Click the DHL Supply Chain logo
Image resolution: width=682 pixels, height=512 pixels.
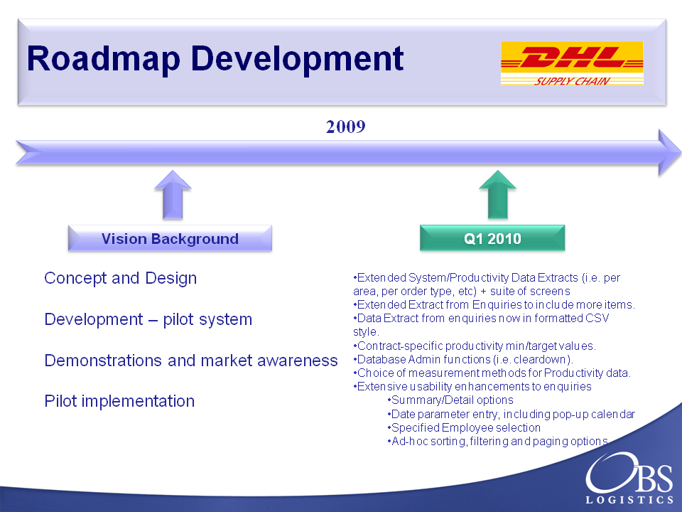pyautogui.click(x=572, y=63)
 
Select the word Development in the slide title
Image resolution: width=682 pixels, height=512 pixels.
pyautogui.click(x=297, y=59)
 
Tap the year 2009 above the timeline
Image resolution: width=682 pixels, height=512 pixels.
pyautogui.click(x=346, y=127)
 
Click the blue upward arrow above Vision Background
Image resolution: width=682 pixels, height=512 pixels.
pyautogui.click(x=173, y=195)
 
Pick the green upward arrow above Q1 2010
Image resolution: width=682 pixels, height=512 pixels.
pyautogui.click(x=497, y=195)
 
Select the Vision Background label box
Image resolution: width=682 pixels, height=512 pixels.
pyautogui.click(x=170, y=238)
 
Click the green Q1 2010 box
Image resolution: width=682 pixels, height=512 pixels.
pyautogui.click(x=492, y=238)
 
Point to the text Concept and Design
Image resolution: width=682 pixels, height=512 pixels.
pyautogui.click(x=121, y=278)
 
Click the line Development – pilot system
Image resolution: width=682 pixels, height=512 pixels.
pyautogui.click(x=148, y=319)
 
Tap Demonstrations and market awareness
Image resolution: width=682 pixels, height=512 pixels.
pyautogui.click(x=191, y=361)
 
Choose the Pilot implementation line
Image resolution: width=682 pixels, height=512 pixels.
pyautogui.click(x=119, y=401)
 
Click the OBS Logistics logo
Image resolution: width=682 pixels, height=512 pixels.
pyautogui.click(x=629, y=478)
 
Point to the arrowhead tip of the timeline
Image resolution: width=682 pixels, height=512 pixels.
pyautogui.click(x=681, y=152)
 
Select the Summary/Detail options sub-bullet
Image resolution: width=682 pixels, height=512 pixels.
pyautogui.click(x=450, y=400)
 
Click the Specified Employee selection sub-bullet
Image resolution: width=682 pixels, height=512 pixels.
pyautogui.click(x=464, y=427)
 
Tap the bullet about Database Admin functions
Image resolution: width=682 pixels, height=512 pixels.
pyautogui.click(x=463, y=360)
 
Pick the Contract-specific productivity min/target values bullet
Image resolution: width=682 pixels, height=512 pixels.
pyautogui.click(x=475, y=346)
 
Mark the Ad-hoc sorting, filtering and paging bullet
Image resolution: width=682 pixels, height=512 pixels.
pyautogui.click(x=497, y=442)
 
